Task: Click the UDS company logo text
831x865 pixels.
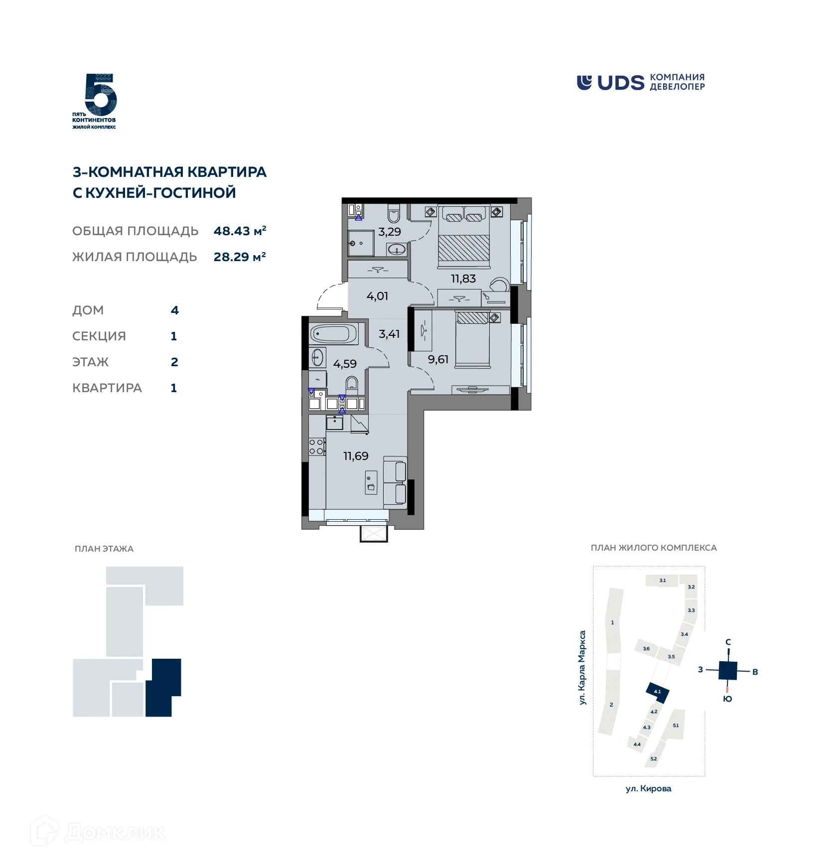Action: [x=620, y=83]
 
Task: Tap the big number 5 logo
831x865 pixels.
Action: [x=101, y=95]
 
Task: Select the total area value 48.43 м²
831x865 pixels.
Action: [x=240, y=231]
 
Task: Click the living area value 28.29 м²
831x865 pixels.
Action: [x=240, y=257]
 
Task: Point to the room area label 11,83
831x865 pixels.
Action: [x=463, y=279]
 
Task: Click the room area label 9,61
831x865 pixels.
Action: [x=438, y=360]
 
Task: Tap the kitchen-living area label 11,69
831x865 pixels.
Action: [x=356, y=456]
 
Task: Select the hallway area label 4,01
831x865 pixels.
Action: [x=377, y=296]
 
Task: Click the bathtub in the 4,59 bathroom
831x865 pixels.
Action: [x=333, y=333]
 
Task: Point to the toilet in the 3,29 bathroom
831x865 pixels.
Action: [x=394, y=214]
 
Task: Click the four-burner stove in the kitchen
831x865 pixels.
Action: [x=316, y=446]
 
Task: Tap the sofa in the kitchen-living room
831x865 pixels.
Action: [x=396, y=482]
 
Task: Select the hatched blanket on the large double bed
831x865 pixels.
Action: [x=464, y=248]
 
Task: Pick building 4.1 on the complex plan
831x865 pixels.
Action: [x=657, y=692]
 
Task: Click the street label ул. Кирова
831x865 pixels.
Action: [x=648, y=789]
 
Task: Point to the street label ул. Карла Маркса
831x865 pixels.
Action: [x=582, y=668]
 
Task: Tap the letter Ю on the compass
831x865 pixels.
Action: [x=727, y=699]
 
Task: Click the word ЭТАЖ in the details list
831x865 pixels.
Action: [x=91, y=362]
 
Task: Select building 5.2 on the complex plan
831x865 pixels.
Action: [x=654, y=759]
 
